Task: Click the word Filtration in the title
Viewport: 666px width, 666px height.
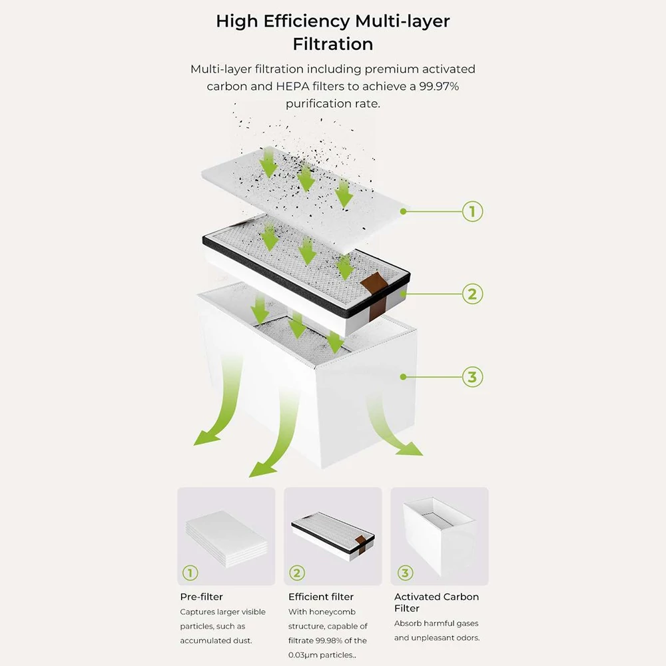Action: click(333, 44)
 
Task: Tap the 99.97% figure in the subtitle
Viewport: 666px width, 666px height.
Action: click(439, 86)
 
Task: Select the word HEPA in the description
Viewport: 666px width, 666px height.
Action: click(292, 86)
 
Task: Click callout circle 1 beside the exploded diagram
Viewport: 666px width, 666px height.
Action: click(472, 212)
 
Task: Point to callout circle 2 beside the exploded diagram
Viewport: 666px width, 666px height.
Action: click(472, 294)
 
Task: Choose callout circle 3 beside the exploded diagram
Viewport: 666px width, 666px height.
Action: click(472, 377)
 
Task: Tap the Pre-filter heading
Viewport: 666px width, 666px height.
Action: click(201, 597)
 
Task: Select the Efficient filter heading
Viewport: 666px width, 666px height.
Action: click(321, 597)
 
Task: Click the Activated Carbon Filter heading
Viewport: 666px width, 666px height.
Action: click(436, 602)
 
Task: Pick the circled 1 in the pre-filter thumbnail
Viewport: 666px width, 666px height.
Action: click(190, 573)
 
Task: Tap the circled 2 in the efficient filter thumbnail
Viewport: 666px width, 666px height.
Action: click(297, 573)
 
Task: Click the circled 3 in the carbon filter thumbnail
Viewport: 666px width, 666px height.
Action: click(405, 573)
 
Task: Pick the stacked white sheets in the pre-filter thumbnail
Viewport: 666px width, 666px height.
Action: click(227, 539)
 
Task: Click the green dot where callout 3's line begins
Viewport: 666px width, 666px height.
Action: click(403, 377)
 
